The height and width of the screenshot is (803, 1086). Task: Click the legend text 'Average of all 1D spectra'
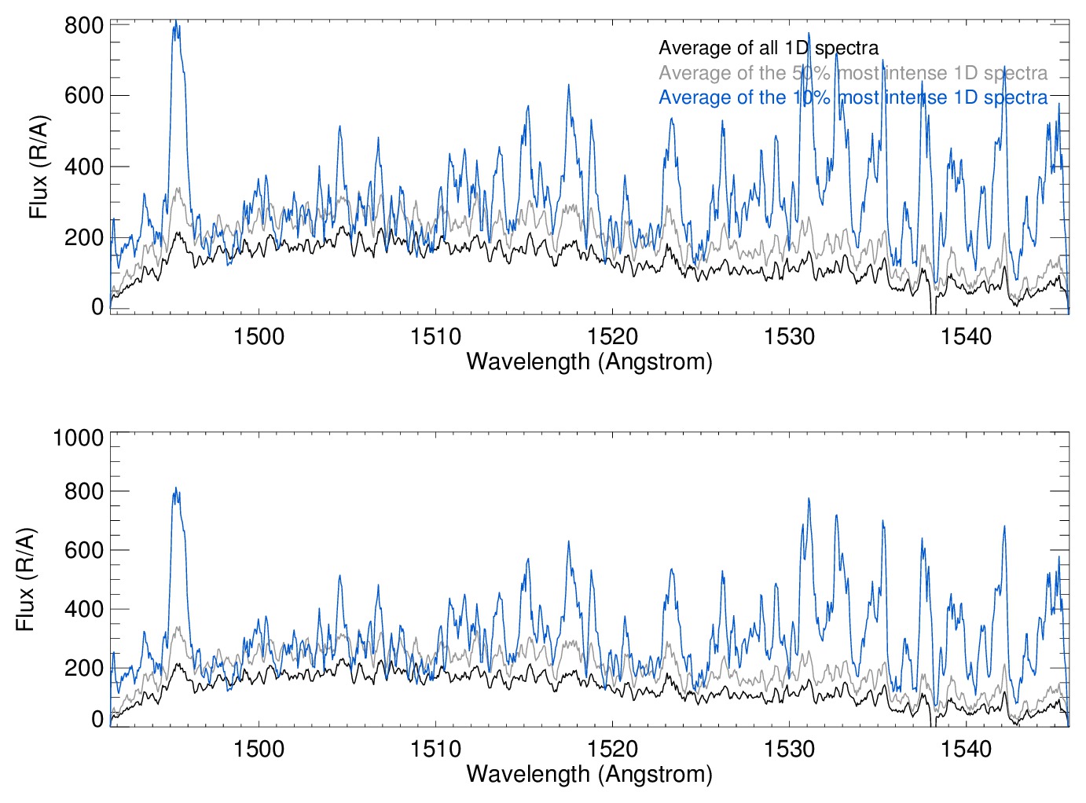pos(768,48)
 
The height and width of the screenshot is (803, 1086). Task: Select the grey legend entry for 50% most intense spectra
pos(853,73)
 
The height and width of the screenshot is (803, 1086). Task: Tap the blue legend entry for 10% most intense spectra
pos(853,97)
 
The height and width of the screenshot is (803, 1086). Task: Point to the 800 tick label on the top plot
pos(84,25)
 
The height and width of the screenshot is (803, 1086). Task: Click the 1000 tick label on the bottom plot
pos(79,438)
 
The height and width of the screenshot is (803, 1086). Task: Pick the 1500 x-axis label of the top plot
pos(259,336)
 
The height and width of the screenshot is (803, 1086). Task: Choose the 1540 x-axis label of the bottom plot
pos(966,749)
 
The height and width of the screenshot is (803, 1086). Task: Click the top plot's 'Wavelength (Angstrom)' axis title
pos(589,361)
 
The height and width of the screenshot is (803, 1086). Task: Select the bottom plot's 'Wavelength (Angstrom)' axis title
pos(589,774)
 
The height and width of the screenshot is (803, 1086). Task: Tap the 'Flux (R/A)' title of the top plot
pos(39,167)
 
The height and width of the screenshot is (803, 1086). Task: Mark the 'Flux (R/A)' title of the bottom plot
pos(26,579)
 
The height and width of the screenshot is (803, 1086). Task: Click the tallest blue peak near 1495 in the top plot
pos(176,24)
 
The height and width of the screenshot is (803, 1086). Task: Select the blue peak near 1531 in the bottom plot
pos(809,499)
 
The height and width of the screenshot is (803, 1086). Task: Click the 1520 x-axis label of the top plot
pos(612,336)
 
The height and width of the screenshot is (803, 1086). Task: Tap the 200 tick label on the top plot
pos(84,237)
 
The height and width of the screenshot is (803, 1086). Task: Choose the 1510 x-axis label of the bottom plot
pos(435,749)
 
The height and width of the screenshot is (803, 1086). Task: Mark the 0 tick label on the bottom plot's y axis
pos(97,719)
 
